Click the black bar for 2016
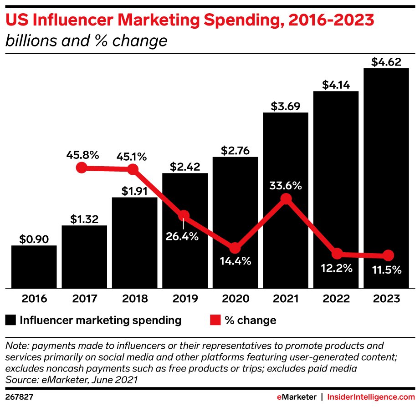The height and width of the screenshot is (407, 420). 34,267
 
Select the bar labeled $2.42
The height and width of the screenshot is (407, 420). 185,230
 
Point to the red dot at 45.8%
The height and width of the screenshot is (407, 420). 81,168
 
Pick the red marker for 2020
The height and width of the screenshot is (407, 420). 235,248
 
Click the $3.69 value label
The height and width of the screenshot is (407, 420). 286,106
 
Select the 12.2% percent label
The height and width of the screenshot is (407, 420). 337,269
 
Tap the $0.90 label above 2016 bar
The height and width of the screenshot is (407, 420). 34,239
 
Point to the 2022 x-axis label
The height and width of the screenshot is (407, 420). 337,299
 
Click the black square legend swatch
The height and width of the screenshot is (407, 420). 11,320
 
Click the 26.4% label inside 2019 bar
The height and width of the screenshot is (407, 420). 184,236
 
